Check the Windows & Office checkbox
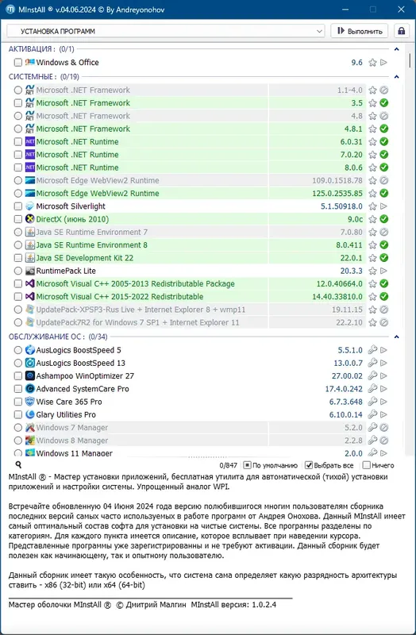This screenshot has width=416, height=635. (x=18, y=63)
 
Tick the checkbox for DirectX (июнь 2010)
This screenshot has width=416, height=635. (x=18, y=219)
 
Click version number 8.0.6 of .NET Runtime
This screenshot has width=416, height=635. (x=350, y=167)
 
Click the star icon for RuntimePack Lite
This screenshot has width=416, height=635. (x=372, y=271)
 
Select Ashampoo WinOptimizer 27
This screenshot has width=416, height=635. (x=85, y=375)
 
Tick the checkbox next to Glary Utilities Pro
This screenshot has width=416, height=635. (x=18, y=414)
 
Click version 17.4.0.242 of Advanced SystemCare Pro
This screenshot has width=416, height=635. (x=343, y=389)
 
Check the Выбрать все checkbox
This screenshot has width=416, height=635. (x=309, y=465)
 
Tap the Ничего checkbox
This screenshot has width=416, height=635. (x=367, y=465)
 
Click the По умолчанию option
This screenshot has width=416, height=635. (x=248, y=465)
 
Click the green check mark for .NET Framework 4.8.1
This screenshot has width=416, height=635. (x=383, y=129)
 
